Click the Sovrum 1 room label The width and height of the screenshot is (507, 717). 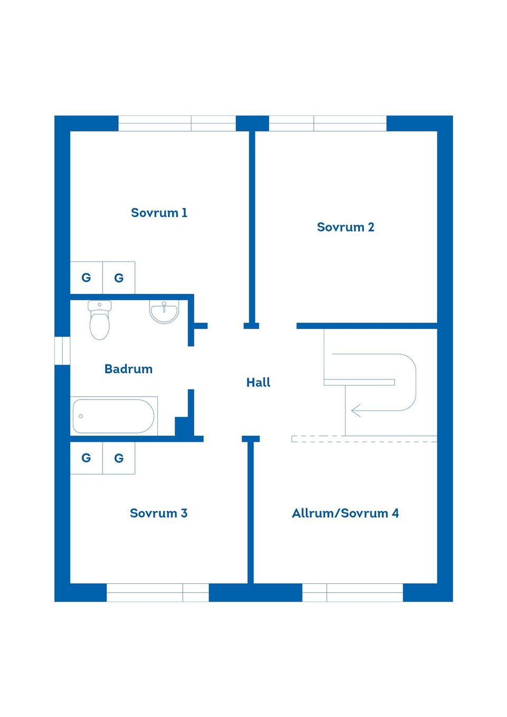click(159, 213)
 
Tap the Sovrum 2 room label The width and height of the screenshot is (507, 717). click(345, 227)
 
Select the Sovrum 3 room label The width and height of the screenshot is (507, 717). click(158, 513)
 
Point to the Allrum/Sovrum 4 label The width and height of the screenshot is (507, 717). click(345, 513)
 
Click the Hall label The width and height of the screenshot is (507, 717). click(258, 382)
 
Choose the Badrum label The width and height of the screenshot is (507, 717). click(128, 369)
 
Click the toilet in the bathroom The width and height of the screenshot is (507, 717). click(99, 320)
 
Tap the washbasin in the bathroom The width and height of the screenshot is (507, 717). click(164, 312)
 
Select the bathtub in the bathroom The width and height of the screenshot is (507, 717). click(114, 416)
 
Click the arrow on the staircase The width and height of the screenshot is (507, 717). click(357, 410)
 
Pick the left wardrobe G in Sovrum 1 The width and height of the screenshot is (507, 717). click(86, 278)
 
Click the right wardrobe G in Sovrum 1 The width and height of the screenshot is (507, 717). click(119, 278)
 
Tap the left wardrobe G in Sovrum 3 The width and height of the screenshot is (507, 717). click(86, 458)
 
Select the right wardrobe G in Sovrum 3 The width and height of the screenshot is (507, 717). click(119, 458)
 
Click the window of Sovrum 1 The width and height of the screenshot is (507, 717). click(177, 124)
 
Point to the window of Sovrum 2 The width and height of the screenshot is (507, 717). click(327, 124)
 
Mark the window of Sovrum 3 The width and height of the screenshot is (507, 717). click(157, 592)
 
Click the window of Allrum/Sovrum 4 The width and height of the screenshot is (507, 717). click(352, 592)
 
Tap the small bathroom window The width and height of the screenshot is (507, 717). click(62, 351)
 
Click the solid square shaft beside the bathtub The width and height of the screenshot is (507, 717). click(182, 426)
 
